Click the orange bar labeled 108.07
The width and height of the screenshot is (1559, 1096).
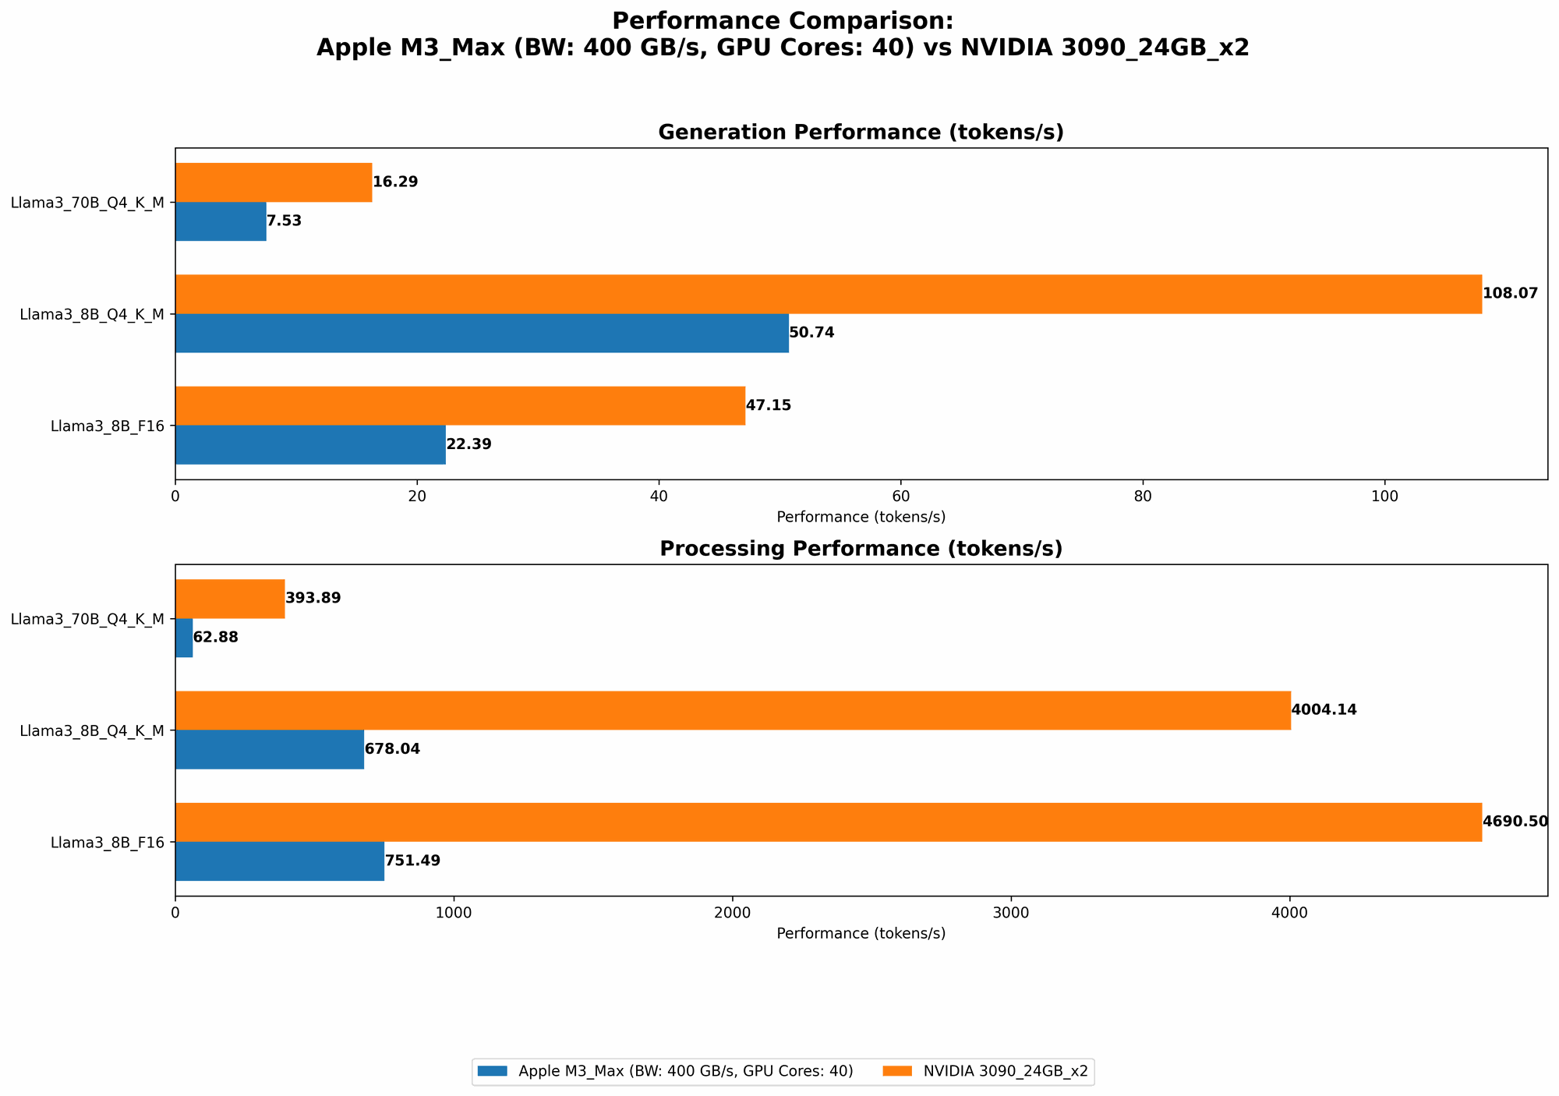[828, 294]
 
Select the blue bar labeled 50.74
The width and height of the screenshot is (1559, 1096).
[482, 333]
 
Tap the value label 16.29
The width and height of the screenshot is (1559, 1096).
[395, 182]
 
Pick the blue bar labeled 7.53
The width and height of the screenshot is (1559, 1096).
[221, 221]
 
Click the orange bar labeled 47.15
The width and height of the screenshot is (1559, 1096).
[460, 405]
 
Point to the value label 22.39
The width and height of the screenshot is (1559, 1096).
[468, 444]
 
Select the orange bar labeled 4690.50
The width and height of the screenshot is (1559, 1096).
[828, 822]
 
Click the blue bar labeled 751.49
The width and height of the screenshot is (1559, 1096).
[279, 861]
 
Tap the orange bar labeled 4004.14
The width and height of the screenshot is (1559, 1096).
[733, 710]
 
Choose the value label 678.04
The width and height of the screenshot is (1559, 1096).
[392, 749]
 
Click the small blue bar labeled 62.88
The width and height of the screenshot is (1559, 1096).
[184, 638]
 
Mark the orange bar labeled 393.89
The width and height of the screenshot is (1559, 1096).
[230, 599]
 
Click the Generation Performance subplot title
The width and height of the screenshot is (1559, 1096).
[861, 133]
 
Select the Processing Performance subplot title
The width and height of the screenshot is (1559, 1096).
[861, 549]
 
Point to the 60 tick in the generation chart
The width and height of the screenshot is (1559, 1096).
[900, 496]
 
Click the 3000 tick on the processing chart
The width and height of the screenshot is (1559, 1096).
[1011, 912]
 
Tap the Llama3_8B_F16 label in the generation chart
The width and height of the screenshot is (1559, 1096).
[107, 426]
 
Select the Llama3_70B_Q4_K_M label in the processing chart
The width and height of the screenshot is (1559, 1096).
[87, 619]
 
